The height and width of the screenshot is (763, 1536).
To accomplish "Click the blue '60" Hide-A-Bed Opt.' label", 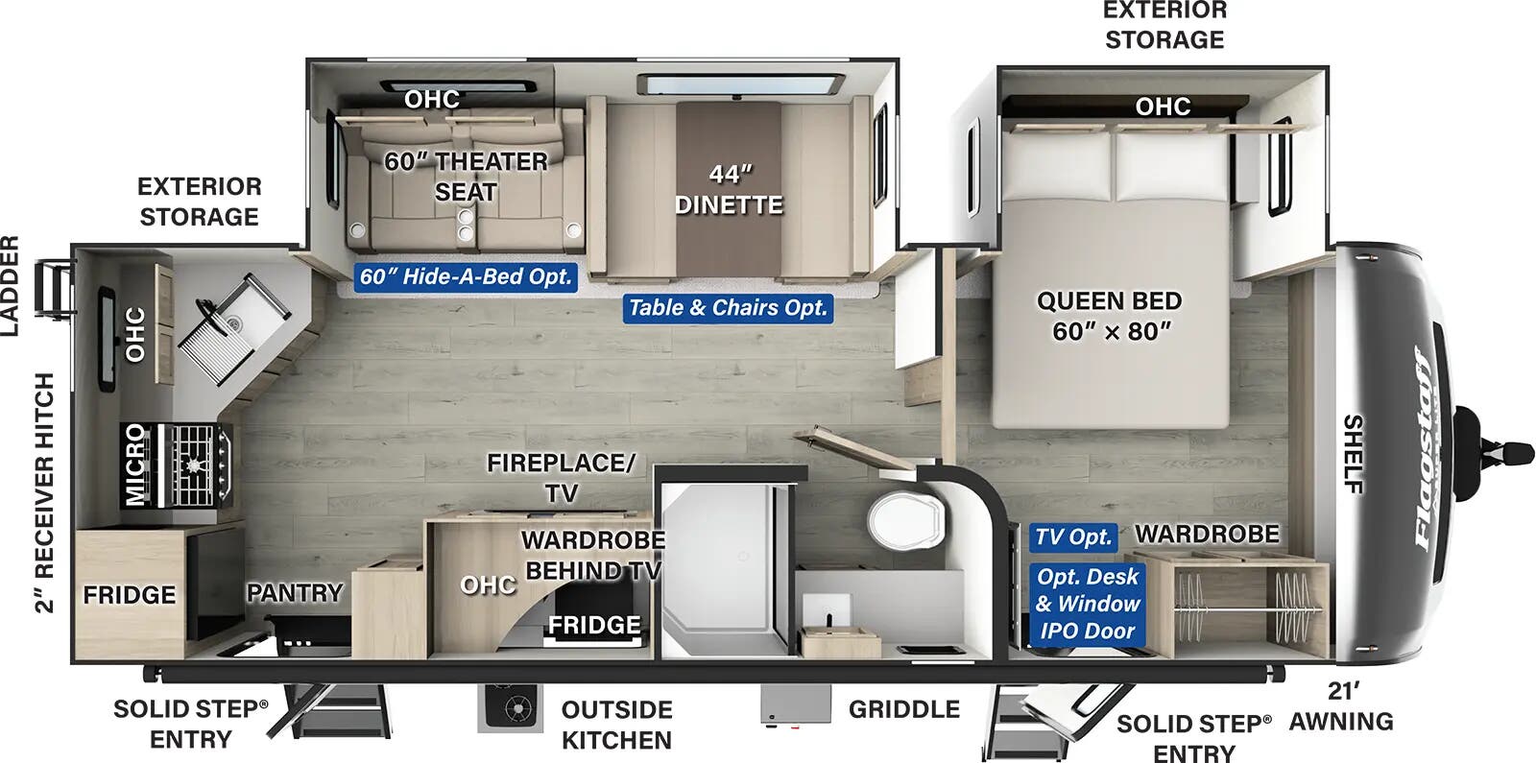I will click(466, 276).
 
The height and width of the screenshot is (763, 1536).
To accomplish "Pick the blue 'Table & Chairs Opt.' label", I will click(727, 307).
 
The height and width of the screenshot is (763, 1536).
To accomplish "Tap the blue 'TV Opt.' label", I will click(1073, 536).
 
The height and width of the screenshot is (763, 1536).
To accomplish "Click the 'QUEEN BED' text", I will click(1109, 300).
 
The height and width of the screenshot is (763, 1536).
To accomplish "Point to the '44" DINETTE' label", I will click(730, 189).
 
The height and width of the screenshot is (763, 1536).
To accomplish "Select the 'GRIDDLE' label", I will click(903, 709).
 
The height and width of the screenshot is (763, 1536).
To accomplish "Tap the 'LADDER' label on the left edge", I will click(10, 286).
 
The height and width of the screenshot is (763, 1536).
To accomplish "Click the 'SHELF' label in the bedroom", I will click(1352, 453).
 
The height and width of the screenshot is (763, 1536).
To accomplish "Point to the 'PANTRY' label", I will click(294, 593).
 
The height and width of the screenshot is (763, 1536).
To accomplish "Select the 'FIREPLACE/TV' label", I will click(561, 477).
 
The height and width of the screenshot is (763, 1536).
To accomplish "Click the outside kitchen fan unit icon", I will click(509, 708).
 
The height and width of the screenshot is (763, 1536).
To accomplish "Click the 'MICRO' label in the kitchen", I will click(135, 465).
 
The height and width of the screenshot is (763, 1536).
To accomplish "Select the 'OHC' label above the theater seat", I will click(431, 99).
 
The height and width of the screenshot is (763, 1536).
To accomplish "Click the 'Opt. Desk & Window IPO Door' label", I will click(1087, 604).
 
